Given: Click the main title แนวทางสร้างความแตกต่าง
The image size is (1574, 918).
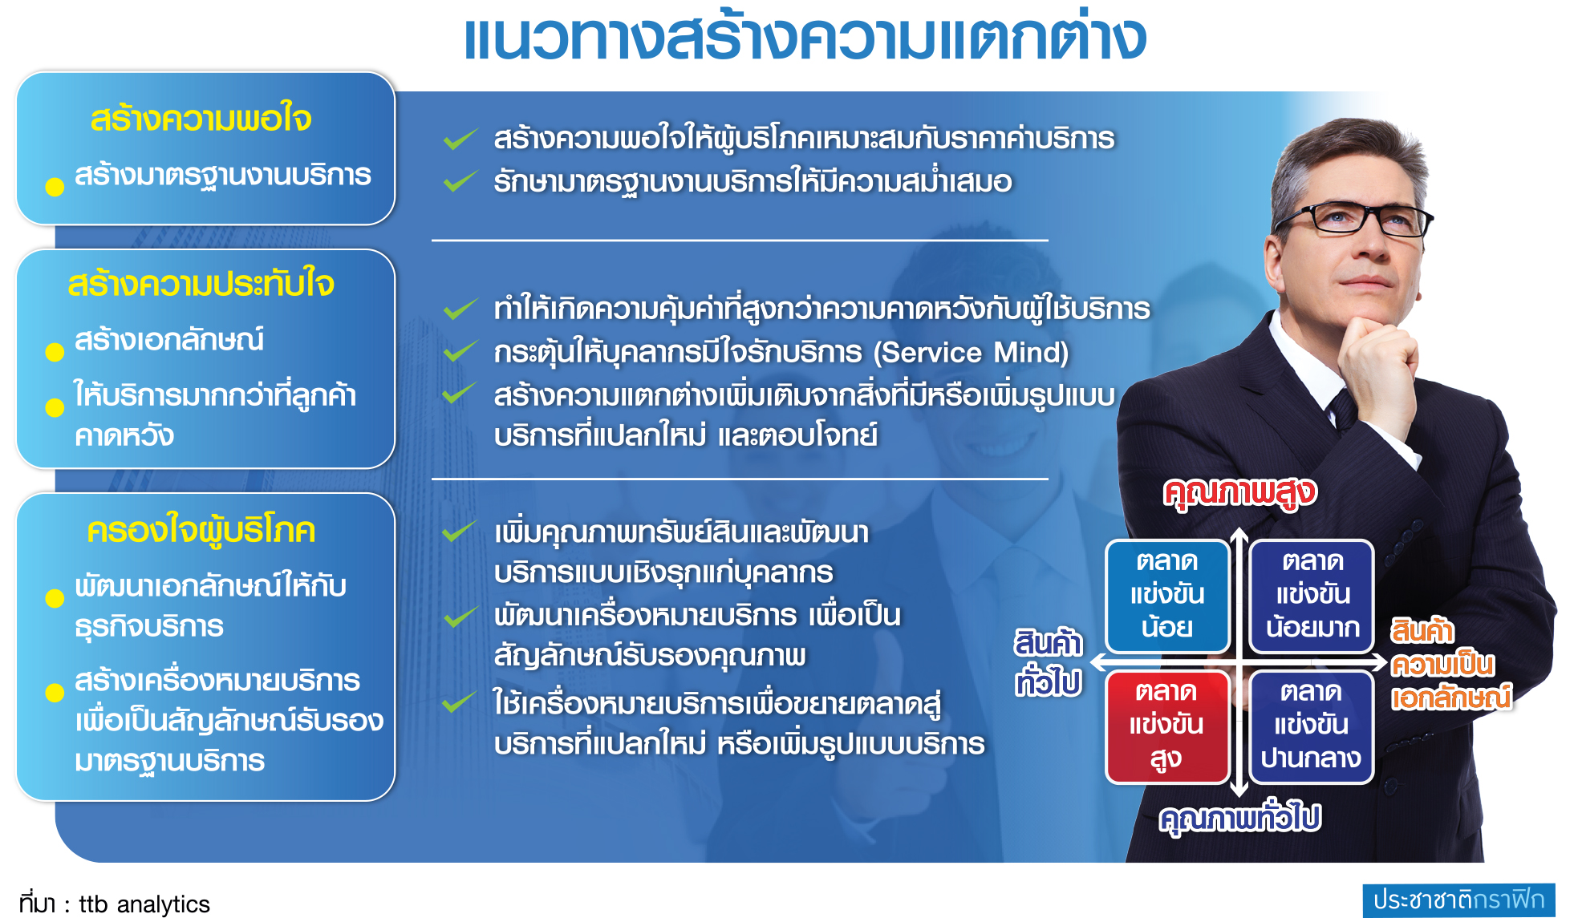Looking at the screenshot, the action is pyautogui.click(x=805, y=37).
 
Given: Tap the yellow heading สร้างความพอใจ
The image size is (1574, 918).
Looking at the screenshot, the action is pyautogui.click(x=201, y=119).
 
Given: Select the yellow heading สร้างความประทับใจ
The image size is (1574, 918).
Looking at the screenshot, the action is pyautogui.click(x=201, y=284).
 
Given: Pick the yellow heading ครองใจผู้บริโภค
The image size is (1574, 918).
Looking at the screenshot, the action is pyautogui.click(x=201, y=531).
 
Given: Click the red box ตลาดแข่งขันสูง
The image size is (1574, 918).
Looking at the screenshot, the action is pyautogui.click(x=1167, y=726).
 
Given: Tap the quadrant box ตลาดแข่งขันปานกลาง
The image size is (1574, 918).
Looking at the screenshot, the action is pyautogui.click(x=1311, y=726).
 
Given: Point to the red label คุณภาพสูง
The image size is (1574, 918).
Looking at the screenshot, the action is pyautogui.click(x=1240, y=492).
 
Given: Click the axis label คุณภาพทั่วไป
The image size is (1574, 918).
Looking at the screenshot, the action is pyautogui.click(x=1240, y=818).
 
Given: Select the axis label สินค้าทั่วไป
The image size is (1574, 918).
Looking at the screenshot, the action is pyautogui.click(x=1049, y=662).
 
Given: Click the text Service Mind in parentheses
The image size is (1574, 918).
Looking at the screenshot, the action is pyautogui.click(x=971, y=353).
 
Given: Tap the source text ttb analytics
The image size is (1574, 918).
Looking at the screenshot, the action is pyautogui.click(x=144, y=904).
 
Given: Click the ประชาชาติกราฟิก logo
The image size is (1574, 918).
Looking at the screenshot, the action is pyautogui.click(x=1458, y=900).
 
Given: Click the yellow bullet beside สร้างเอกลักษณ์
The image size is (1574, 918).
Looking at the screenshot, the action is pyautogui.click(x=55, y=352).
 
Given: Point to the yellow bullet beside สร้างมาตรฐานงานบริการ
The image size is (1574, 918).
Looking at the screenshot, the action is pyautogui.click(x=55, y=187).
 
